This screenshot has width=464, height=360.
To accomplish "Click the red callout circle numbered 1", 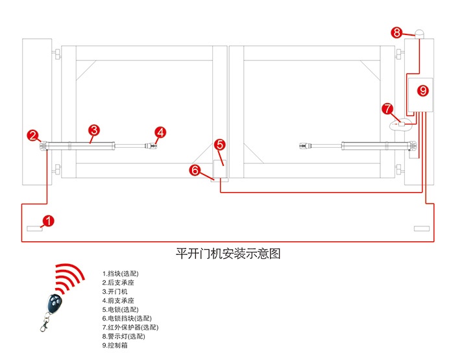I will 49,221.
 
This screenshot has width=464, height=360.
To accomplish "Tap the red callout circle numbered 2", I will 33,135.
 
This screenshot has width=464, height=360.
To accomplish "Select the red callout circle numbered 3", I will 94,130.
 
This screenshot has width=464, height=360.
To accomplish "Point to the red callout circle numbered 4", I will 160,132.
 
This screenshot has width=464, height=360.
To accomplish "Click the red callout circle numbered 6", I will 195,170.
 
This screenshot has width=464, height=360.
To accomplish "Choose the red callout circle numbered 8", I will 397,32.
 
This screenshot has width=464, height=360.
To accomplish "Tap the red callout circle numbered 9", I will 423,91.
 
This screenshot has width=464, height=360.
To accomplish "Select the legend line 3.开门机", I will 115,292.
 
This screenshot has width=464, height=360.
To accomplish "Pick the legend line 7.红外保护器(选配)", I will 130,328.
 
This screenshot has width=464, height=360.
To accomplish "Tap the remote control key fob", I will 53,306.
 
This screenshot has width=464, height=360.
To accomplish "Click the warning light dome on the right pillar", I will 420,34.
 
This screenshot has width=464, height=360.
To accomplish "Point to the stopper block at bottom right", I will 421,228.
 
